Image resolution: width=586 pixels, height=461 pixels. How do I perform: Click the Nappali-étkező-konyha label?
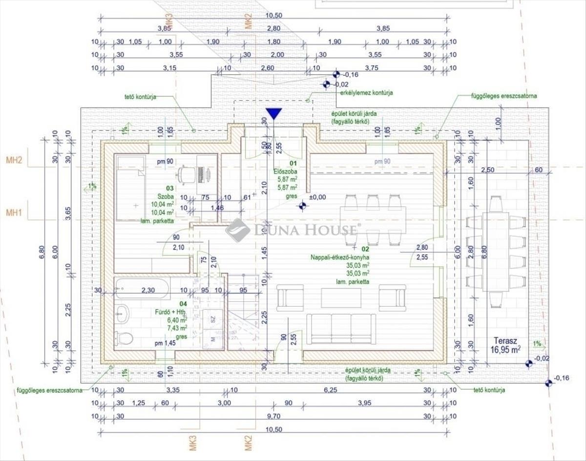click(x=340, y=257)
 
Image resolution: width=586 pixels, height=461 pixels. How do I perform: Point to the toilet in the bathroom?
click(x=123, y=337)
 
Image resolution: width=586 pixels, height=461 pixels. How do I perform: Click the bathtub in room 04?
click(x=143, y=288)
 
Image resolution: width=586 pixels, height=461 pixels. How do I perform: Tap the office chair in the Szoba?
click(x=185, y=174)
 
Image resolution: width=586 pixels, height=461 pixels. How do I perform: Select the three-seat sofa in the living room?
click(x=341, y=328)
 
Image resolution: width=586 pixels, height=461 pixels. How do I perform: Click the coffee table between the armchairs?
click(x=341, y=298)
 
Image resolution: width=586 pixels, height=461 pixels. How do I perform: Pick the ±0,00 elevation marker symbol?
click(x=303, y=206)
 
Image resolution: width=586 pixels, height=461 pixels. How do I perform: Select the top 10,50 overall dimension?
click(x=273, y=16)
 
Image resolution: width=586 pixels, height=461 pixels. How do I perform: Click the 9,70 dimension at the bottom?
click(x=273, y=416)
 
